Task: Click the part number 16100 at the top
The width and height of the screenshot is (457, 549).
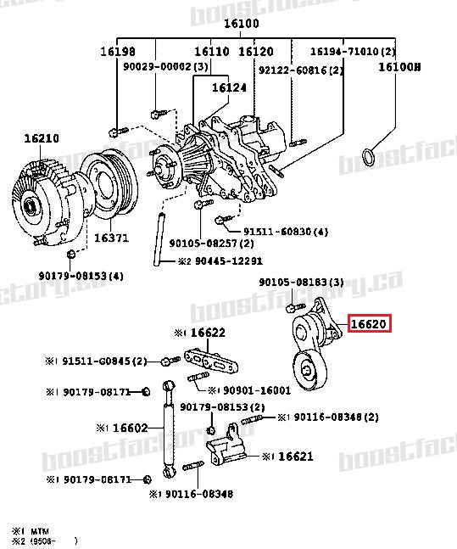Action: [x=241, y=24]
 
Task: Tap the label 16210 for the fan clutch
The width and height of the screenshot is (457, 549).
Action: [x=41, y=137]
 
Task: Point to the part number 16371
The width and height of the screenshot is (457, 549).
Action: [x=110, y=238]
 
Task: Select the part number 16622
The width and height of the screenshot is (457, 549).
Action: [x=206, y=332]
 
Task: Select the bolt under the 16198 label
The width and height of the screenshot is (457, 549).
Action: [x=116, y=132]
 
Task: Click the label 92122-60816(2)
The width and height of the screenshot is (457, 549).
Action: [x=288, y=70]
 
